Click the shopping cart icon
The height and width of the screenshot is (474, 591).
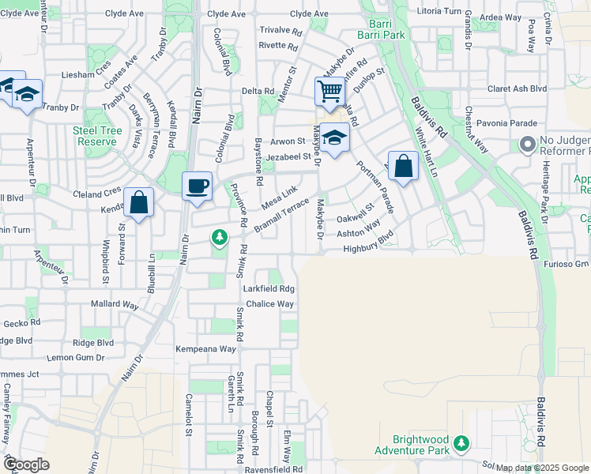(x=329, y=91)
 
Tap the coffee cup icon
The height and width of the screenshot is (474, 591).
(x=197, y=186)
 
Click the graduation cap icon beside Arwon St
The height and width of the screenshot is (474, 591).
(x=335, y=137)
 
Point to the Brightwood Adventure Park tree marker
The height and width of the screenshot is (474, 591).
(x=461, y=446)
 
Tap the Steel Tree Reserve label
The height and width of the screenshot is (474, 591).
(x=97, y=135)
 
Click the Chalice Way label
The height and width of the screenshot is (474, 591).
(x=269, y=304)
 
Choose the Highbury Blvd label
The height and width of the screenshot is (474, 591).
(x=368, y=249)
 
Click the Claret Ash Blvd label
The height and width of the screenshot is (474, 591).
(x=518, y=89)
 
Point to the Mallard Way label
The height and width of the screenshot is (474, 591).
(x=115, y=304)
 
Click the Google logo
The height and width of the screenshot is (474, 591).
(x=27, y=465)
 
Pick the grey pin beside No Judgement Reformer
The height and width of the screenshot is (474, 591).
(x=527, y=145)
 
